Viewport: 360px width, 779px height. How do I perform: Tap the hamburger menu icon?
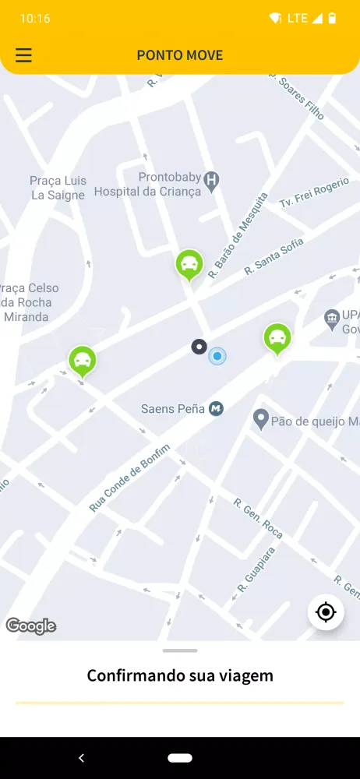click(24, 55)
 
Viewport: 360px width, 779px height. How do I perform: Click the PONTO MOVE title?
click(180, 55)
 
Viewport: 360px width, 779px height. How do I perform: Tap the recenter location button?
click(326, 612)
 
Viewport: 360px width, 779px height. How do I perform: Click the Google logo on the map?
click(31, 626)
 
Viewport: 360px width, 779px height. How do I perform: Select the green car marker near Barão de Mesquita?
click(189, 265)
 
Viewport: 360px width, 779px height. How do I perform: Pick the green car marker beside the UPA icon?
click(277, 338)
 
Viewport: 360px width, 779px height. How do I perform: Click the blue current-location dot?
click(217, 357)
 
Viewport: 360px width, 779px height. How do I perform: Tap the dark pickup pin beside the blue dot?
click(199, 347)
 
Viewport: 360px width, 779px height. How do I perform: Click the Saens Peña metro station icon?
click(216, 408)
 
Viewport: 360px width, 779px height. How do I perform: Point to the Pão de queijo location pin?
click(261, 421)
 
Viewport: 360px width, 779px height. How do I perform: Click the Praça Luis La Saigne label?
click(57, 188)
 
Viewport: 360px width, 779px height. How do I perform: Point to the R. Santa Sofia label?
click(274, 256)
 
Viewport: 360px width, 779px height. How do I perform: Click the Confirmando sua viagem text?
click(180, 675)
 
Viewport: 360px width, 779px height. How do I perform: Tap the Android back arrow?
click(81, 758)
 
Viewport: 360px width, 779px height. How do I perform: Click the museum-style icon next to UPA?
click(331, 317)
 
